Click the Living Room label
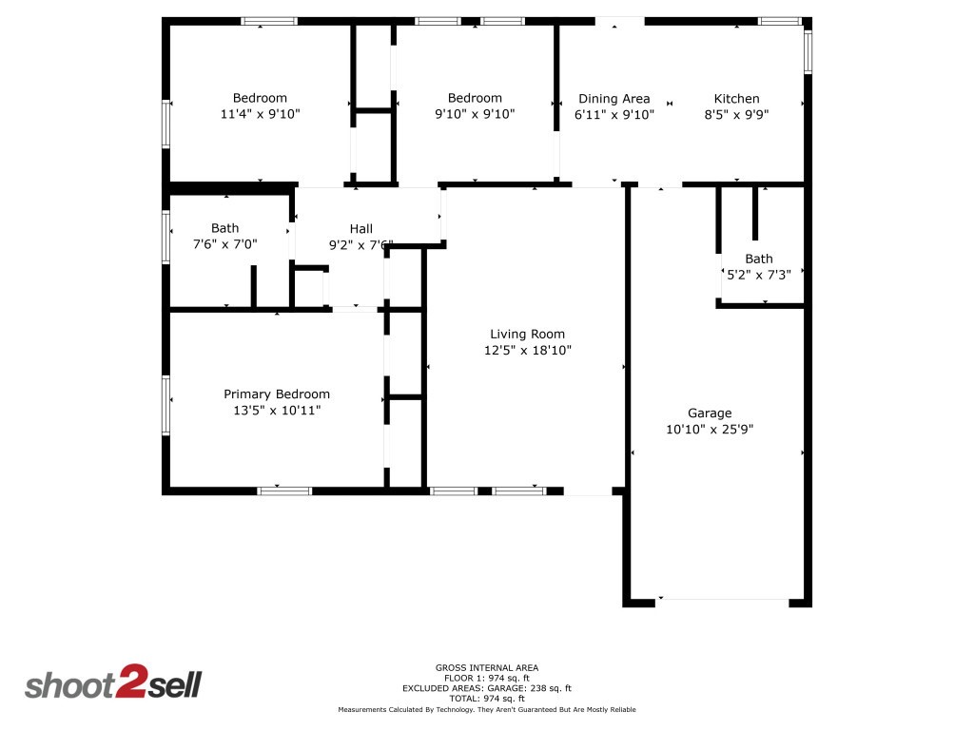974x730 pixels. point(527,334)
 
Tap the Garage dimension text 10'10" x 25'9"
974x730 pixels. point(711,429)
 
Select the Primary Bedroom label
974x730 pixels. point(277,394)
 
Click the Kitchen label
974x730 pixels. point(737,98)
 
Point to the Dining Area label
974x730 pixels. point(614,98)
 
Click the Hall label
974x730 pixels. point(360,228)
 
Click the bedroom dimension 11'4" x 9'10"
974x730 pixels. point(260,114)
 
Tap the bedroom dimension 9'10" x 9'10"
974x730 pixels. point(475,114)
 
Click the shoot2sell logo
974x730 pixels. point(113,684)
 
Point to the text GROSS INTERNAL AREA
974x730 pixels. point(486,667)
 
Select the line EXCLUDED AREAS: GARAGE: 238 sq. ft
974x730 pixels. point(486,688)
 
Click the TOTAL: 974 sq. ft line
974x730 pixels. point(486,699)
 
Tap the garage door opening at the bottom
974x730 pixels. point(723,600)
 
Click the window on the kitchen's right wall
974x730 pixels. point(808,52)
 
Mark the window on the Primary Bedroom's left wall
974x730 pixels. point(166,404)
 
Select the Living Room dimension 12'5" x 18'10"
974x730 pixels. point(527,350)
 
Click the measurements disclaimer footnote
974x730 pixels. point(486,710)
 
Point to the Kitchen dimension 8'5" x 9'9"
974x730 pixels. point(737,114)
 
